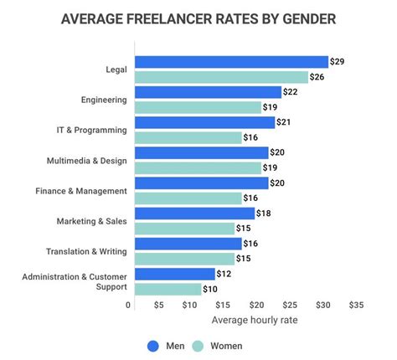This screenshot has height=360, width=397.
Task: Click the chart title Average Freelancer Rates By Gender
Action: point(198,18)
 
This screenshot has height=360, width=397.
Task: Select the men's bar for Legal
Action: point(231,62)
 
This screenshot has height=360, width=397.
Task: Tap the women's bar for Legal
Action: point(221,77)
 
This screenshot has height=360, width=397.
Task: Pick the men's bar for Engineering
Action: point(208,92)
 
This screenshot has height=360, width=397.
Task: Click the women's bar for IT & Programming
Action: point(188,137)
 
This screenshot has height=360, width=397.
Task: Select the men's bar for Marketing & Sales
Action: point(194,213)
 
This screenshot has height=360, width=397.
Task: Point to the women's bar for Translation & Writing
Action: point(184,259)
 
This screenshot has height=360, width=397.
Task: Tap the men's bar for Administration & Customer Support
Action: point(174,274)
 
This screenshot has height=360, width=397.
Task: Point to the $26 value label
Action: point(317,77)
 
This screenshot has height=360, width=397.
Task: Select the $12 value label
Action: point(224,274)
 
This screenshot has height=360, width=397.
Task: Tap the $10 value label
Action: point(210,289)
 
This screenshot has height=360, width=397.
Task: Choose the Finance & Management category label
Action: point(81,190)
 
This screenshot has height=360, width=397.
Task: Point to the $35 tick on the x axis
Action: point(356,306)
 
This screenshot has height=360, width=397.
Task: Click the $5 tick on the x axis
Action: point(158,306)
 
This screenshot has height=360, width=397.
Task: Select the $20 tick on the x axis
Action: point(257,306)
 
